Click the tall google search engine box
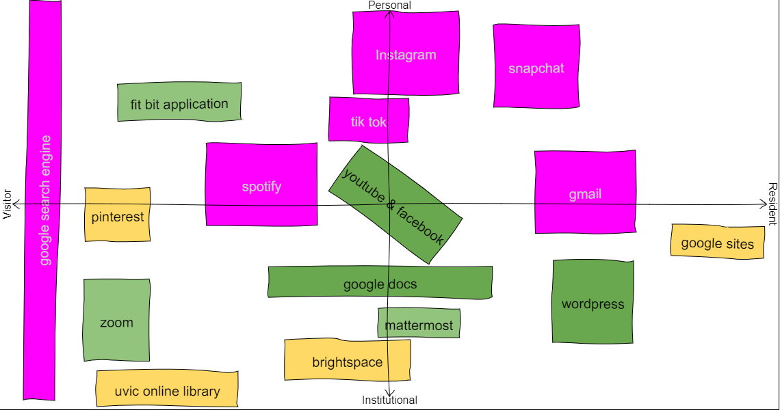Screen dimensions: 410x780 click(43, 200)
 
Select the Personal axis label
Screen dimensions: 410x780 click(389, 5)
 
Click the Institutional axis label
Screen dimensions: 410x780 click(389, 400)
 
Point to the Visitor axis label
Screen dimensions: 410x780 click(8, 204)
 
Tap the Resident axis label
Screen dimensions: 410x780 click(772, 204)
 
